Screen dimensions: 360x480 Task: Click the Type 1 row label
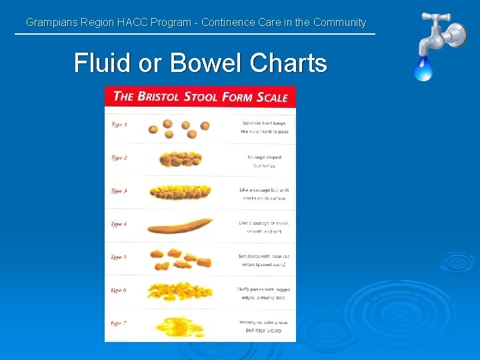point(119,125)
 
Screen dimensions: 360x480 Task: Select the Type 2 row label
point(119,158)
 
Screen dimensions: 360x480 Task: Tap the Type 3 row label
point(119,191)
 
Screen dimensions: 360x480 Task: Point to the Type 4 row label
point(119,224)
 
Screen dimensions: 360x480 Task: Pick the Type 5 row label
point(119,257)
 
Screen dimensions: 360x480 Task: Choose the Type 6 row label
point(119,291)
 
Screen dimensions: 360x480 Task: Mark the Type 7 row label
point(119,323)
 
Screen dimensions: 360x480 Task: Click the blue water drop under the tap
point(423,69)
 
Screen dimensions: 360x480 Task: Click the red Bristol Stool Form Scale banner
point(200,97)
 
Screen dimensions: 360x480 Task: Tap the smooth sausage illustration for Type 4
point(180,226)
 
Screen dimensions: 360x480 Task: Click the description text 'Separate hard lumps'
point(264,123)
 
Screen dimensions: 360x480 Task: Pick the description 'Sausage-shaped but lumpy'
point(264,161)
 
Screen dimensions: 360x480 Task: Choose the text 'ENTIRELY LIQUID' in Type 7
point(264,331)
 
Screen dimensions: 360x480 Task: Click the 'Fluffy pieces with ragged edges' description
point(264,293)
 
